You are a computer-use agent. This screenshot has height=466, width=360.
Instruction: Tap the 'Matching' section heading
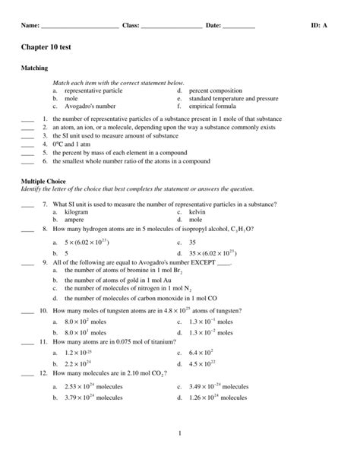point(36,68)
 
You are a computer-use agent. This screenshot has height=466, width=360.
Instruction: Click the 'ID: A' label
point(319,25)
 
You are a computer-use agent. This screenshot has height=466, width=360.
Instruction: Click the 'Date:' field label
point(213,25)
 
